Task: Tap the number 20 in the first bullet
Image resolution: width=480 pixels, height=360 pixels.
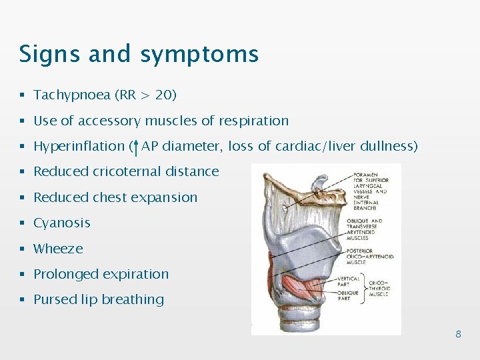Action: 163,95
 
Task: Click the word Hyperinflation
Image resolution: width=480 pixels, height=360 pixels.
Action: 79,147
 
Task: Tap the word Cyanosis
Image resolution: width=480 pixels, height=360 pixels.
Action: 62,223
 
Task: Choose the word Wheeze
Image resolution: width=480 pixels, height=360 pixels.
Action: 59,249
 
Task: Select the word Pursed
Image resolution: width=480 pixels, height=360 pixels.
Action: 54,300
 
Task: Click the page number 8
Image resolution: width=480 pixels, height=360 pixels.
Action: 458,334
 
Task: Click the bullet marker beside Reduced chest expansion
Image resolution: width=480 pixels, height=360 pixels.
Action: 23,198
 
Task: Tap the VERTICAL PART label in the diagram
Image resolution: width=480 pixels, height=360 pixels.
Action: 349,281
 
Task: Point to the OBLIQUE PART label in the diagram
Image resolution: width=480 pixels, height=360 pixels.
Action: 347,295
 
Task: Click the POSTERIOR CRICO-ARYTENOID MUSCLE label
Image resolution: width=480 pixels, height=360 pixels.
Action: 370,257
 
